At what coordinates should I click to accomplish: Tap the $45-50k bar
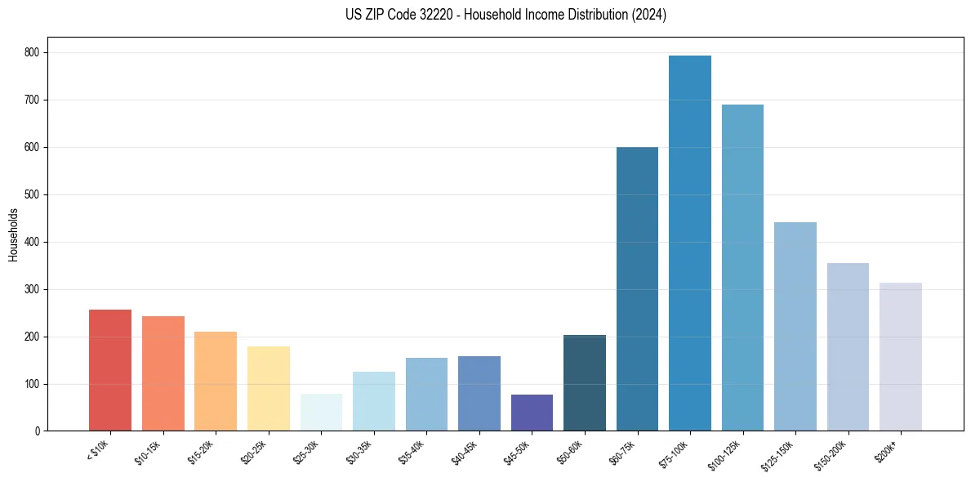tap(532, 413)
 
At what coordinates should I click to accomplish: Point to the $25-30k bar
tap(321, 413)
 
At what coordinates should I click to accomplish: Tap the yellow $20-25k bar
tap(269, 389)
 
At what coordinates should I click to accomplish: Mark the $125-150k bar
tap(795, 327)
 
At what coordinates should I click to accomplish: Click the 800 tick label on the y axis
tap(34, 52)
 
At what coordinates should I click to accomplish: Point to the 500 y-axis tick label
tap(34, 194)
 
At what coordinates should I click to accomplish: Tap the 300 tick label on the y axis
tap(34, 289)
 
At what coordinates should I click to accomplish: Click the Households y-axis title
tap(14, 234)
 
